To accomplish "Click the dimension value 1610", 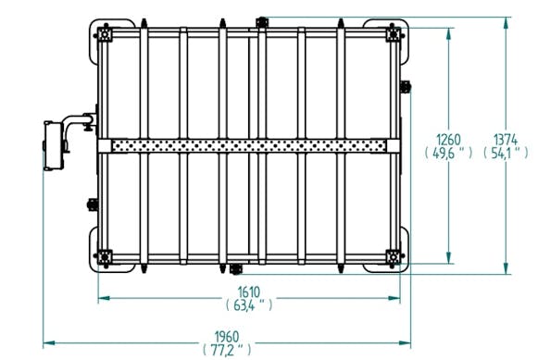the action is coord(249,292).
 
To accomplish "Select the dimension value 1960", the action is coord(227,336).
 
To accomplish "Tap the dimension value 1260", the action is coord(448,140).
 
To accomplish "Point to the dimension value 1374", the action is coord(506,140).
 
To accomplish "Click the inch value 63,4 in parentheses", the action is coord(249,304).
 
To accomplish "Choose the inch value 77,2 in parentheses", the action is coord(227,350).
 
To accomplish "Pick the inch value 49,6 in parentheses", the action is coord(448,153).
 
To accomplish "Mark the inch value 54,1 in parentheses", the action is coord(506,153).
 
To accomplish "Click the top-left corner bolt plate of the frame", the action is coord(105,34).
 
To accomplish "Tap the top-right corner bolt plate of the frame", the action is coord(394,34).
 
